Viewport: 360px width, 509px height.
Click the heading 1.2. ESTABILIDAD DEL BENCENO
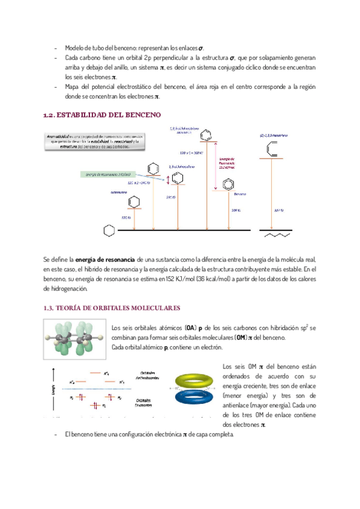pos(102,114)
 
